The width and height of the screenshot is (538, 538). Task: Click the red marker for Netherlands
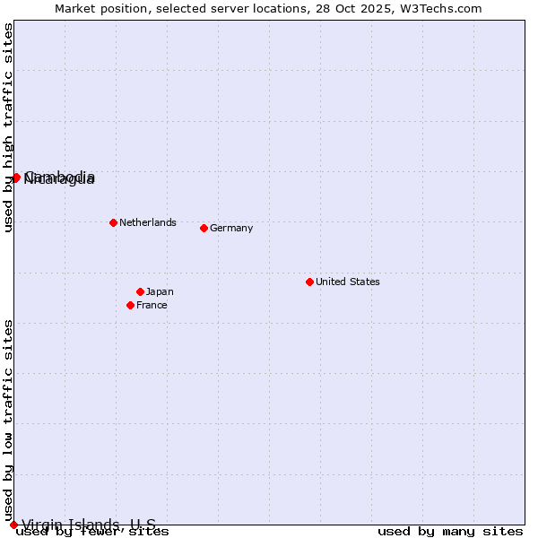pos(113,222)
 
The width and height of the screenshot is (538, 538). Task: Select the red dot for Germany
pos(204,228)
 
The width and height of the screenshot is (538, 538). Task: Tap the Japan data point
pos(140,291)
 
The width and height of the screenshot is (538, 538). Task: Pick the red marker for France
pos(131,305)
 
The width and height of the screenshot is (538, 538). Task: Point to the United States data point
pos(309,282)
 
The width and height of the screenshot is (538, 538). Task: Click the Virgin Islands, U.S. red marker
pos(13,525)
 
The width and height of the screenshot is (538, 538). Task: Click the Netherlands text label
pos(147,222)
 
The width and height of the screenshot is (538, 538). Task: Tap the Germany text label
pos(231,228)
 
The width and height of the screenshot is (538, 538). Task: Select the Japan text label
pos(160,291)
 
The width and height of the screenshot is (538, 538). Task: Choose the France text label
pos(152,305)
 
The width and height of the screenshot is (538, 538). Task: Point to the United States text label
pos(348,282)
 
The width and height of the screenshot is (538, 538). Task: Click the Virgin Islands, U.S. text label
pos(89,525)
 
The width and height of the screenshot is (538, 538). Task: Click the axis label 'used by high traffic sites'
pos(9,128)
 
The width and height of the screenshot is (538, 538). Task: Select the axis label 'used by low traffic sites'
pos(9,420)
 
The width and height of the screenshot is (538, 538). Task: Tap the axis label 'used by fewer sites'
pos(93,532)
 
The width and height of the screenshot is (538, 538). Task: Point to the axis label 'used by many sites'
pos(450,532)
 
